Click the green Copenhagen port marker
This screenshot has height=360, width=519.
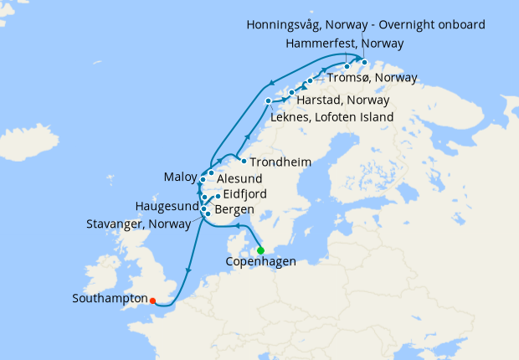260,250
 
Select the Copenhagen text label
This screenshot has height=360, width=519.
261,262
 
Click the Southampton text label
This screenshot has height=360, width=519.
110,298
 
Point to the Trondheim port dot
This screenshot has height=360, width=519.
243,160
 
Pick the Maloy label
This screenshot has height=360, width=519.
180,177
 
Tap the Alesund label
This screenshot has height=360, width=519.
239,178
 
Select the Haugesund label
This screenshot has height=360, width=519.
167,206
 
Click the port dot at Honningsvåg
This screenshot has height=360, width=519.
364,61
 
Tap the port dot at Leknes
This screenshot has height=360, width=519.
269,101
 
